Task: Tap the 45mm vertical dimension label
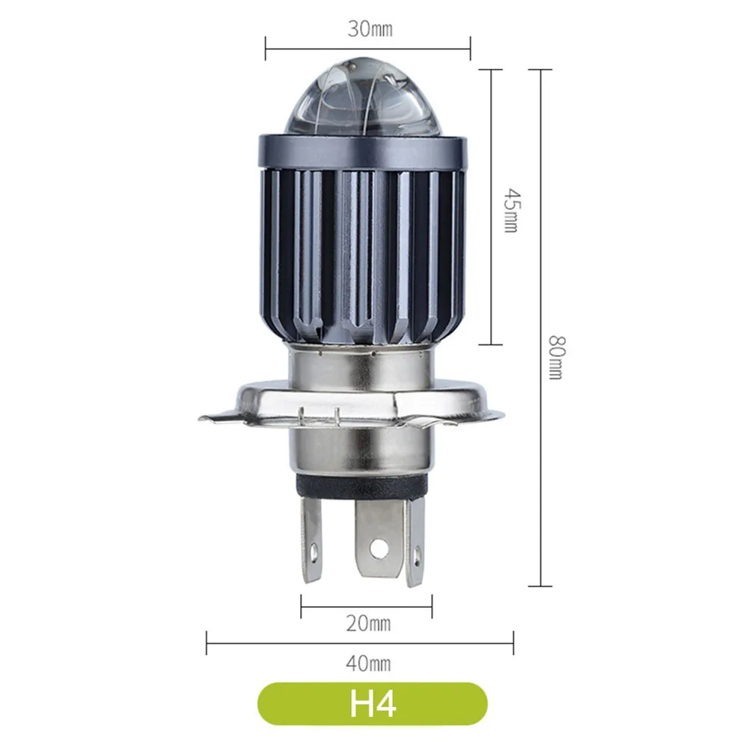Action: (510, 210)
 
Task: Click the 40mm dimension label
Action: (369, 662)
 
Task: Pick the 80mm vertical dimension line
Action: (540, 449)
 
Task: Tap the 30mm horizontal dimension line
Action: (314, 50)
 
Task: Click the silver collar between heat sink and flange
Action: (362, 363)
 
